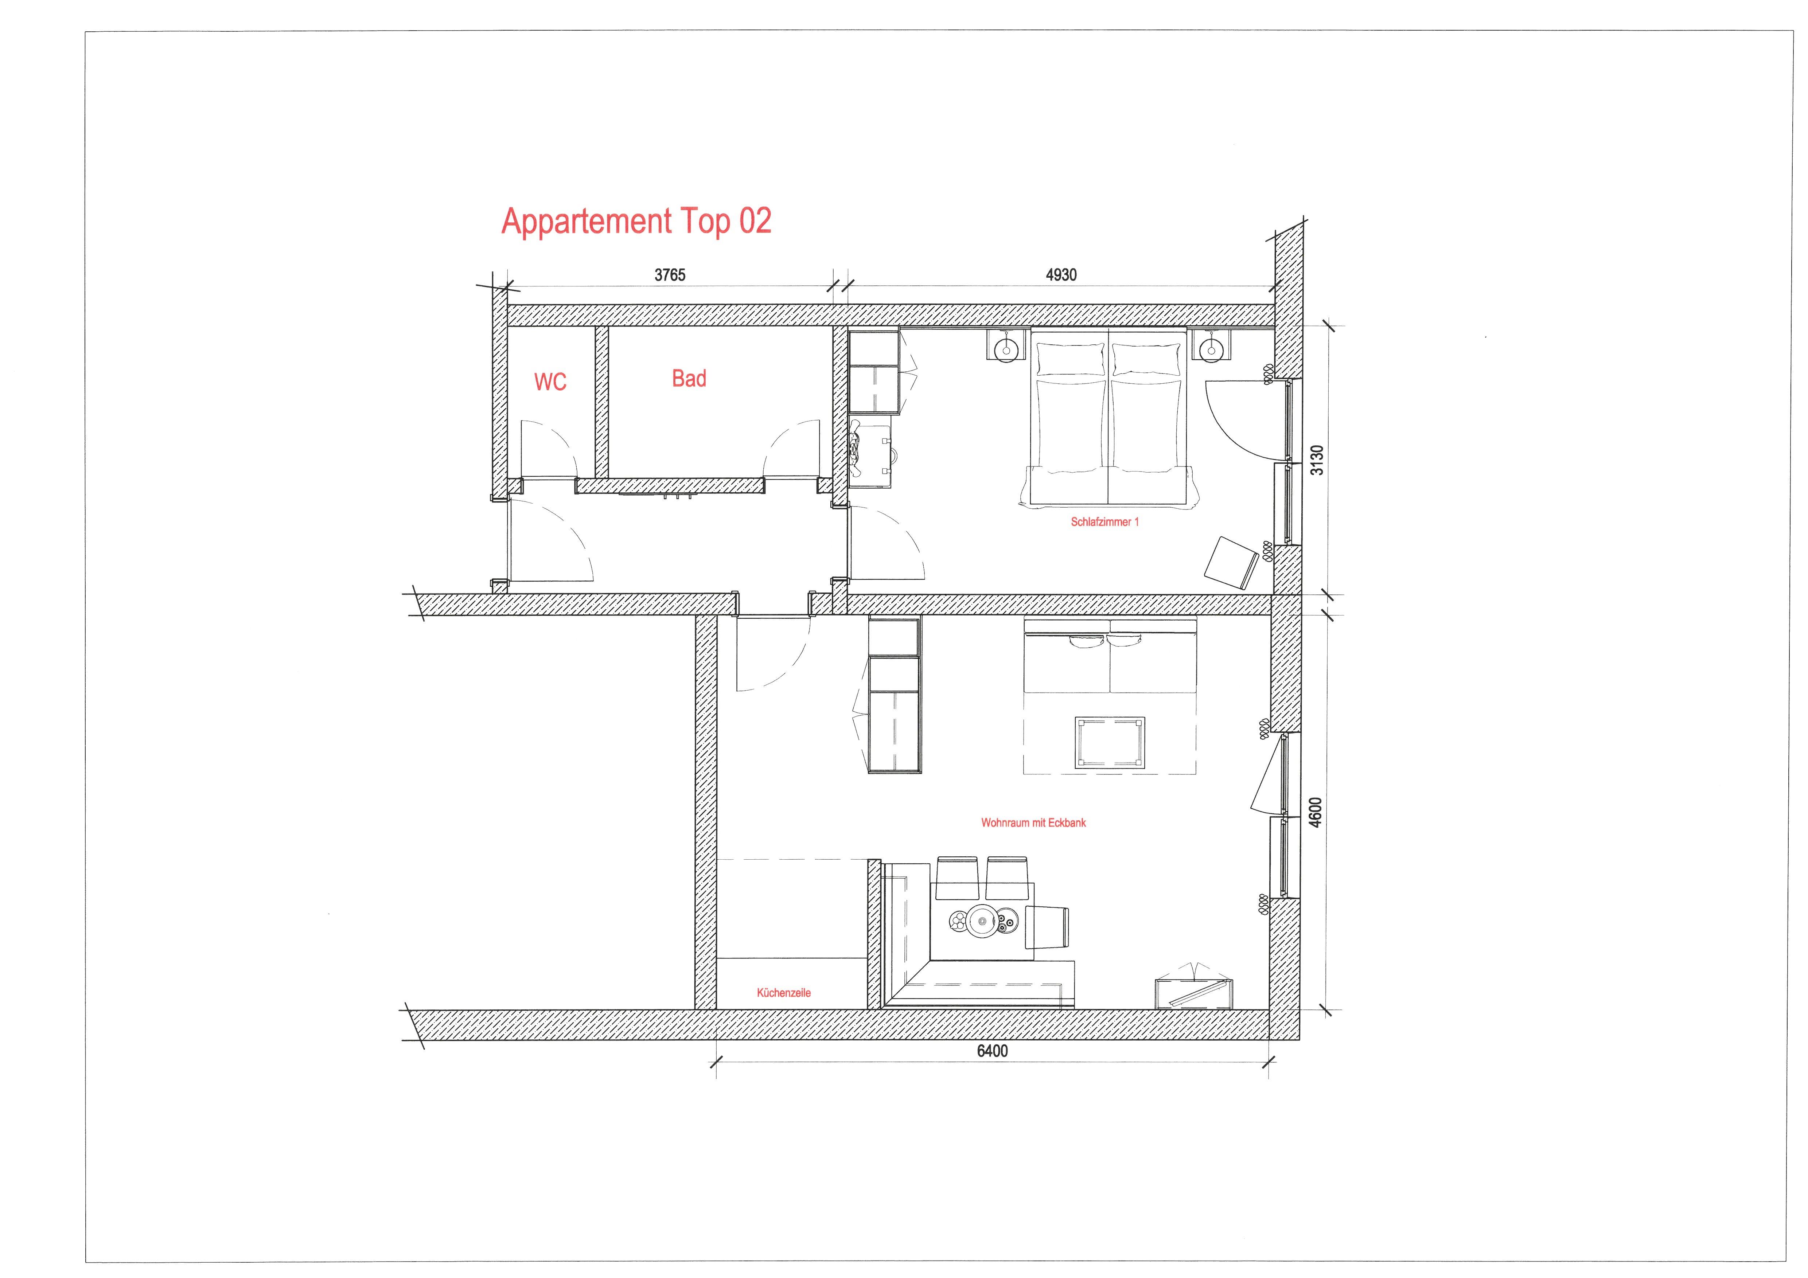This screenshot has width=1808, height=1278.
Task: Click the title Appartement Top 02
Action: tap(636, 221)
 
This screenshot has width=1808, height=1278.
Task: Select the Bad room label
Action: tap(689, 379)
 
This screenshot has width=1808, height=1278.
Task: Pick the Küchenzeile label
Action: tap(783, 993)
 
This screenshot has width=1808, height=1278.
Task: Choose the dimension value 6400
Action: tap(992, 1051)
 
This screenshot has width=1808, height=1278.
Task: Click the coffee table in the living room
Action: tap(1110, 743)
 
